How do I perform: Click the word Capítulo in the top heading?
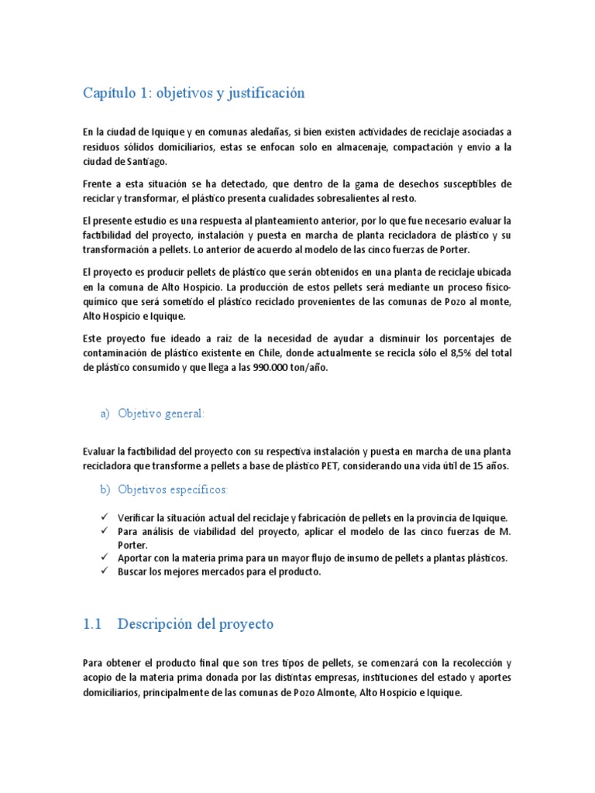[108, 94]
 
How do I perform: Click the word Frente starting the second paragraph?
[98, 184]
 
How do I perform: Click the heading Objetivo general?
[161, 414]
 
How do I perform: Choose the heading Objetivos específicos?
[173, 490]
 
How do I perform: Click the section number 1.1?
[92, 624]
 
